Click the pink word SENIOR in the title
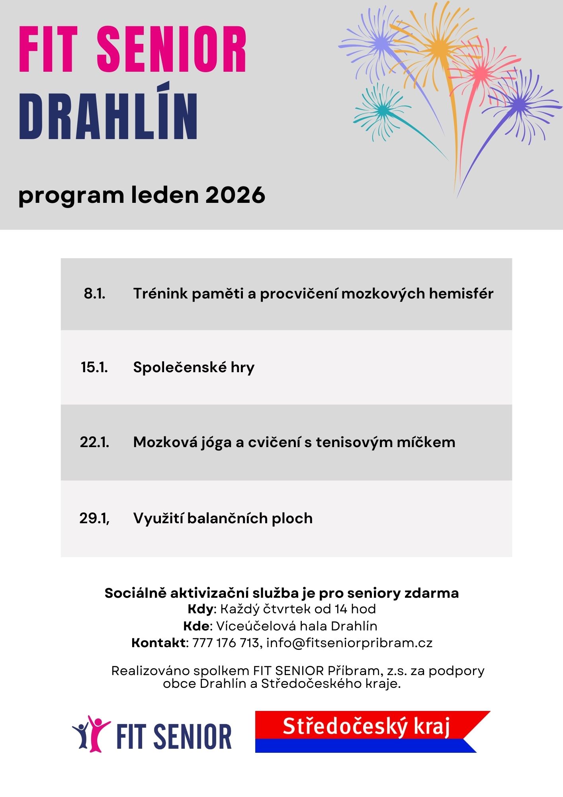(x=172, y=49)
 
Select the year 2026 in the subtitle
(x=235, y=195)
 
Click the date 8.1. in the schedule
(x=94, y=294)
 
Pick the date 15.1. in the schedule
(x=94, y=367)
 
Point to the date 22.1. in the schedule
(x=94, y=442)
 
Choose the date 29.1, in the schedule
(x=94, y=518)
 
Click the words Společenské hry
(x=194, y=367)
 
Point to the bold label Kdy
(x=201, y=609)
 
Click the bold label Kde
(x=196, y=626)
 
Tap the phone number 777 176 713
(x=226, y=643)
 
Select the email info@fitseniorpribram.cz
(x=349, y=643)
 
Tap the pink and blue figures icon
(x=91, y=733)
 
